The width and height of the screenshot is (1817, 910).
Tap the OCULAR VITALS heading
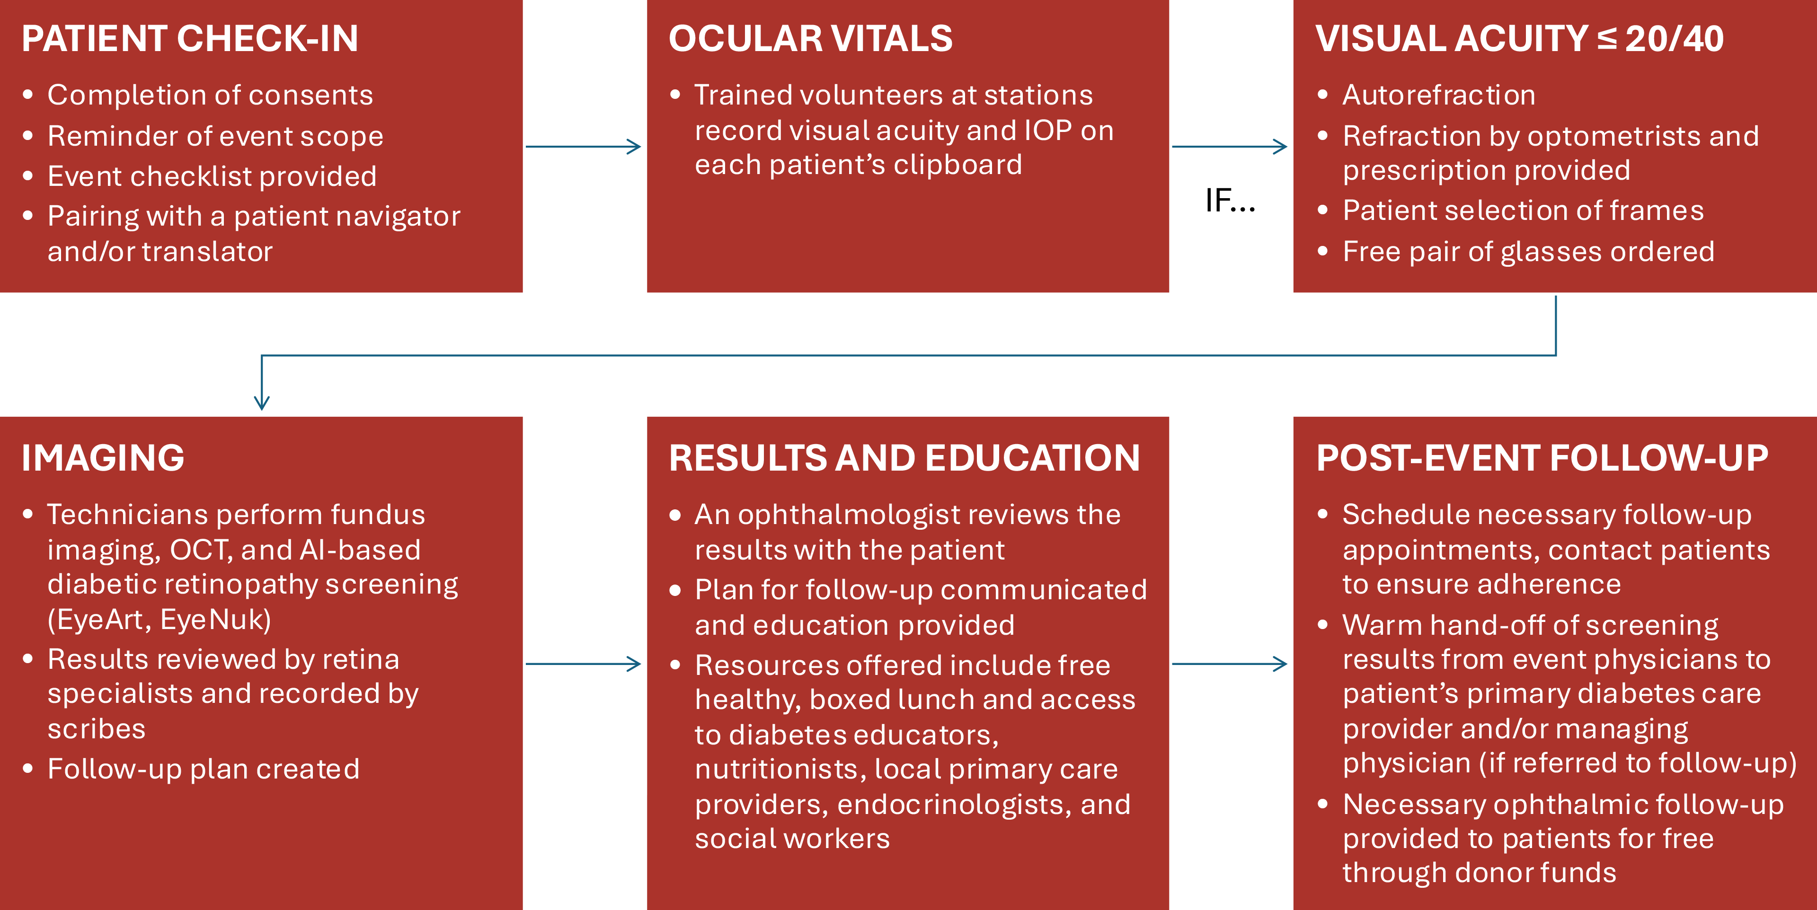click(x=810, y=39)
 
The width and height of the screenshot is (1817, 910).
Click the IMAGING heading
click(x=103, y=458)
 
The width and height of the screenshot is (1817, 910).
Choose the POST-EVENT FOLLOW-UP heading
click(x=1542, y=458)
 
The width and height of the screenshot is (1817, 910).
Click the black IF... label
click(x=1230, y=201)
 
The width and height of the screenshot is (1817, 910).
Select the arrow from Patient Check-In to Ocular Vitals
click(x=583, y=147)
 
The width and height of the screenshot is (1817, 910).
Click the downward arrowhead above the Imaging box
click(x=262, y=402)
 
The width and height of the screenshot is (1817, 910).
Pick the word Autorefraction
click(x=1439, y=95)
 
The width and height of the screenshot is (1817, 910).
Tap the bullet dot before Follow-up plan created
click(x=27, y=768)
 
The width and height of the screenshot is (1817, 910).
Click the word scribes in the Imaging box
click(x=97, y=729)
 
